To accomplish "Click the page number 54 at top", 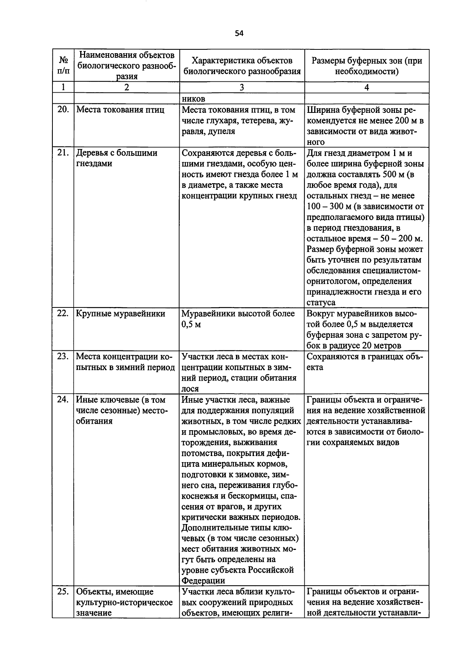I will (239, 33).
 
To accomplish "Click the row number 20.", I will (63, 110).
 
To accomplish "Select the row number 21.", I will (63, 153).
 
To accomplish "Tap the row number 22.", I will (63, 314).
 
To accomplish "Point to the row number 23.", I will (63, 356).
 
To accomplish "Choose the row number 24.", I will (63, 399).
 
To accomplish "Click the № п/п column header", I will (63, 65).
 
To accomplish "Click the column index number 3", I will (242, 87).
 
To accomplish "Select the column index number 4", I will (366, 87).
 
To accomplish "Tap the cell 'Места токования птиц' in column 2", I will (120, 110).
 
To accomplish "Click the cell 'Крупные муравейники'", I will (120, 314).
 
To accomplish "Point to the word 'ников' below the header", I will (194, 99).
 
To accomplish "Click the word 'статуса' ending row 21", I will (321, 303).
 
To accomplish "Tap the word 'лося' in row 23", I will (190, 389).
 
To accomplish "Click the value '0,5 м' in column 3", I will (191, 325).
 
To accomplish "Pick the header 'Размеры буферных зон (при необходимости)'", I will (366, 66).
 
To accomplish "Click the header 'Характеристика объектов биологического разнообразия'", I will (242, 66).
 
